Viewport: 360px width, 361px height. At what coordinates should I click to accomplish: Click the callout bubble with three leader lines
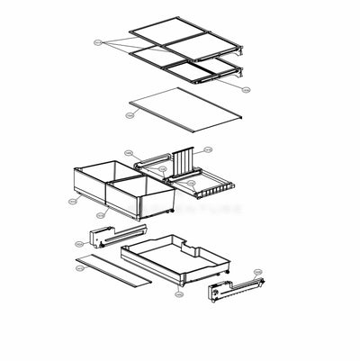(97, 41)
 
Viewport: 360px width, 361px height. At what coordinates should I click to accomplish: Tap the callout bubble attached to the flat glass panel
(130, 115)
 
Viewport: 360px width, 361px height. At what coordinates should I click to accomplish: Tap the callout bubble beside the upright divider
(208, 149)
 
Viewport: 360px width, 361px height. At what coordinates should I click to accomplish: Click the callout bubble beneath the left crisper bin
(98, 216)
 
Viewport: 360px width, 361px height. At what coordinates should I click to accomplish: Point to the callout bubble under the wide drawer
(178, 293)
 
